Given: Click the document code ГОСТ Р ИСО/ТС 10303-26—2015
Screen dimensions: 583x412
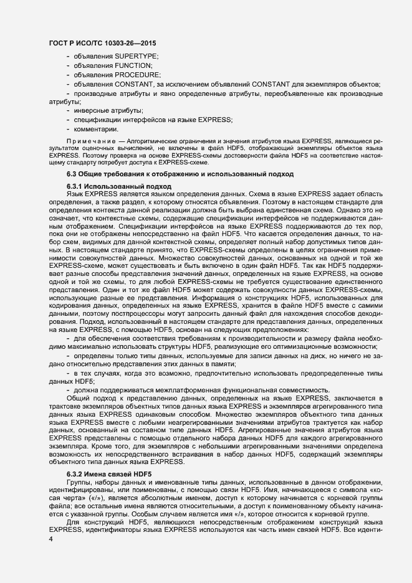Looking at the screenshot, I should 102,43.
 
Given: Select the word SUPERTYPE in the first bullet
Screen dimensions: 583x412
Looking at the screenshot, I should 136,57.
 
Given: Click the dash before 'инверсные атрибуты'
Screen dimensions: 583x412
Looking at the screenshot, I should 67,110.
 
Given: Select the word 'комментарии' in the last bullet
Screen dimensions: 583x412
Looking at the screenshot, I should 96,128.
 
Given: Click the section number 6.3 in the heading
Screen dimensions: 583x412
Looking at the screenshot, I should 72,174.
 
